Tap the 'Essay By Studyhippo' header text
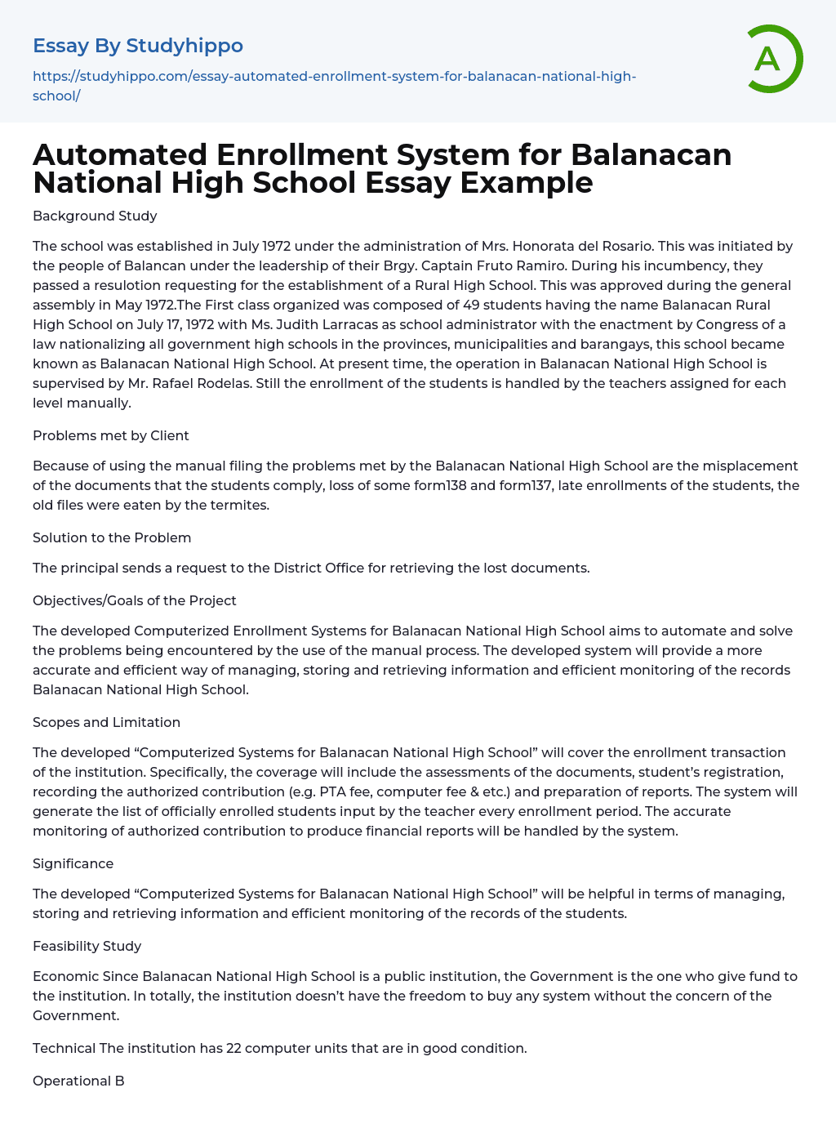click(137, 46)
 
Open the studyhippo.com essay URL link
click(334, 86)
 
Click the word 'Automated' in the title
click(120, 154)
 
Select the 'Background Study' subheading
click(95, 216)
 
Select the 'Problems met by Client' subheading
click(110, 435)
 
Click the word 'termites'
click(240, 505)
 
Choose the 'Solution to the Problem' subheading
click(112, 537)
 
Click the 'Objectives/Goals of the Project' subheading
click(134, 600)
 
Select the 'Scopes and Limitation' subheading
click(106, 722)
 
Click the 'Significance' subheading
click(73, 863)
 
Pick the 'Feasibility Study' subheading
click(87, 946)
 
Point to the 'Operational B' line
click(78, 1081)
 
